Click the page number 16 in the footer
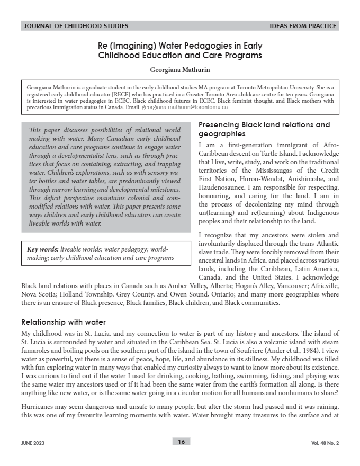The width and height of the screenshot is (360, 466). (x=181, y=442)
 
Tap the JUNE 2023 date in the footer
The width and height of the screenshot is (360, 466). (x=33, y=442)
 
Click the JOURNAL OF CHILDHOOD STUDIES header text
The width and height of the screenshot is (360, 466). (x=76, y=25)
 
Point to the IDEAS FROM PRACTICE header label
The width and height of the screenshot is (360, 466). (x=303, y=25)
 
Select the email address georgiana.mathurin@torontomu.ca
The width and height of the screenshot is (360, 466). (x=185, y=107)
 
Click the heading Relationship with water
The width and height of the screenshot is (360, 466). (x=64, y=321)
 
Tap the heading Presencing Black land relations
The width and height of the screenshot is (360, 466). (x=264, y=125)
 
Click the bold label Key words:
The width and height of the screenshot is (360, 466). (x=43, y=248)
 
